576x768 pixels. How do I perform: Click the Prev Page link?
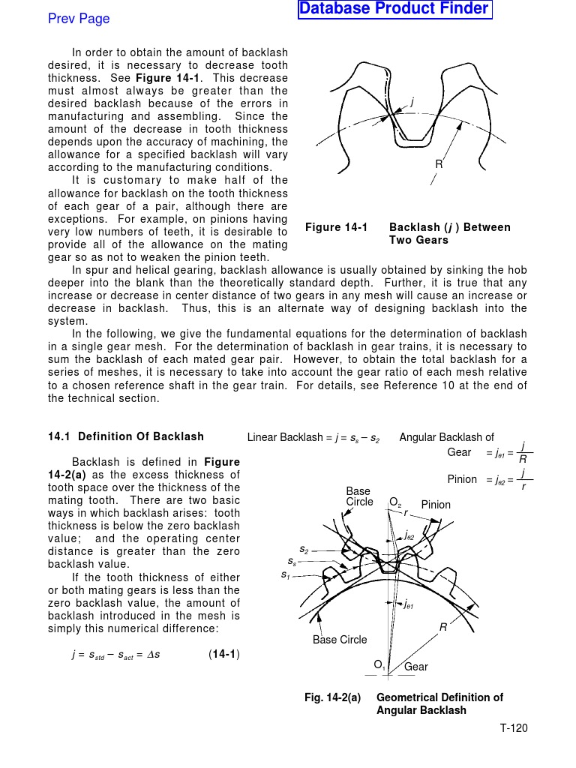coord(79,19)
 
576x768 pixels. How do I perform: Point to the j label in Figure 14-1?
coord(412,101)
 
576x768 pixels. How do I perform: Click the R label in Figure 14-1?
coord(439,164)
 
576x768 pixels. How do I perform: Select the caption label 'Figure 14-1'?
coord(336,227)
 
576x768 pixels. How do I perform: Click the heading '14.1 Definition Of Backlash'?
coord(125,436)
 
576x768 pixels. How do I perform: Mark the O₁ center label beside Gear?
coord(379,664)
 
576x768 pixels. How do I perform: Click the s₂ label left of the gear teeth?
coord(304,549)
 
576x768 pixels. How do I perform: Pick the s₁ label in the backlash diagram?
coord(285,574)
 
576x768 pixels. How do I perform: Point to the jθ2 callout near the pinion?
coord(410,535)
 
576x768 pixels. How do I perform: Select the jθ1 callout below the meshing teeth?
coord(409,604)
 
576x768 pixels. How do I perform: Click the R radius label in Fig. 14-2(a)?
coord(443,626)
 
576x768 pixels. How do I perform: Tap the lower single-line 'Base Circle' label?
coord(340,640)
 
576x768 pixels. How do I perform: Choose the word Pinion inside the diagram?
coord(436,505)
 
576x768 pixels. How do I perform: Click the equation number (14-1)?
coord(223,654)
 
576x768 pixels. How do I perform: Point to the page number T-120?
coord(514,728)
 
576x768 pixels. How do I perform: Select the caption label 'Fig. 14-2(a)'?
coord(332,697)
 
